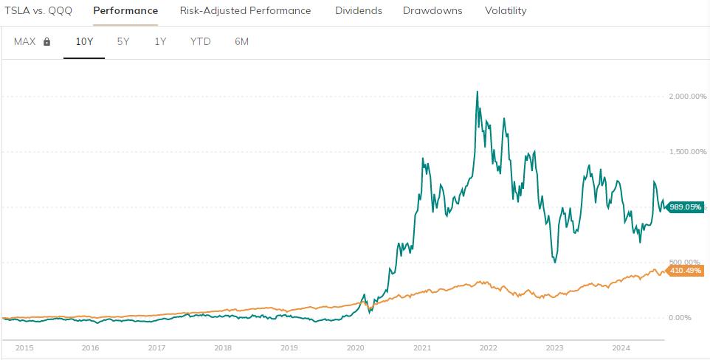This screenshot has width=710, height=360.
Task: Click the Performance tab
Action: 125,11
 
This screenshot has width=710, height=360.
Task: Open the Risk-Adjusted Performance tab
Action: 245,11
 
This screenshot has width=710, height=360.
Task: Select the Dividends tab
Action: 358,11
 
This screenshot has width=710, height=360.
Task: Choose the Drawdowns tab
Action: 432,11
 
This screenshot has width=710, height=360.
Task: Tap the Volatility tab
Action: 506,11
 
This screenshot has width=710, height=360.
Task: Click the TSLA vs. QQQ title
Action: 38,11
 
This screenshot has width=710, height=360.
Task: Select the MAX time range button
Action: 25,41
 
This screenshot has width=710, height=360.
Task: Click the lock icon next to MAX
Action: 47,42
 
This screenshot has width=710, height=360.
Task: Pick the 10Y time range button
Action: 84,41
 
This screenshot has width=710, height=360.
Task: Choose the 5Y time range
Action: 123,41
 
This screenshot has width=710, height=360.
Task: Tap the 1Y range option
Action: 160,41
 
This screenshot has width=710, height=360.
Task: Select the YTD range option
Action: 200,41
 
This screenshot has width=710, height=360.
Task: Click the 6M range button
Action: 241,41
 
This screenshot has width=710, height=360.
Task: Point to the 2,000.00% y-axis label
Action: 687,97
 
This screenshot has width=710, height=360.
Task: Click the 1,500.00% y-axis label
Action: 687,152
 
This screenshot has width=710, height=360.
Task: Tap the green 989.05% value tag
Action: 685,207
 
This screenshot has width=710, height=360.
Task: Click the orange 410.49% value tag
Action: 685,271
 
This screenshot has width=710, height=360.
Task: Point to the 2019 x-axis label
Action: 289,347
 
